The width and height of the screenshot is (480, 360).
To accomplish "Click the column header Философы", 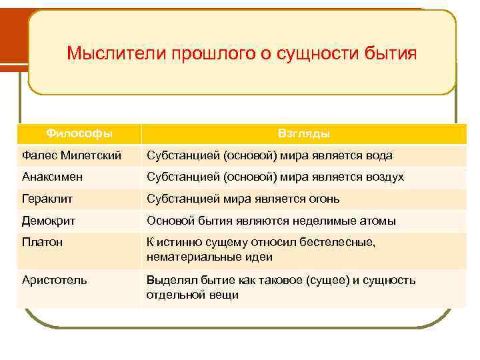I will coord(79,133).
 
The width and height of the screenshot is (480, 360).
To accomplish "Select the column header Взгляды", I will coord(304,134).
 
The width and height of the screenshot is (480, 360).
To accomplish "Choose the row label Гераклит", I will coord(44,199).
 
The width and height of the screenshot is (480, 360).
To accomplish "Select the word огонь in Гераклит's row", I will coord(325,199).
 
